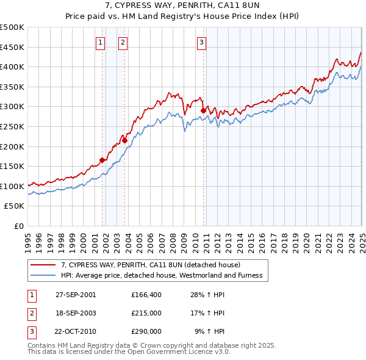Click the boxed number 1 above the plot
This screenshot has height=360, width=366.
click(100, 42)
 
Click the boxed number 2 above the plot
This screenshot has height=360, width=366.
click(123, 42)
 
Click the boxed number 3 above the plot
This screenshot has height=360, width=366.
click(201, 42)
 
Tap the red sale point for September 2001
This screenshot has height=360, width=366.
click(102, 160)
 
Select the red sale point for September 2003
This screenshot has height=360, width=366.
click(124, 140)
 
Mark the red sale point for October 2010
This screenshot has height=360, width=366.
click(203, 110)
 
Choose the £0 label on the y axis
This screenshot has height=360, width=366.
click(18, 226)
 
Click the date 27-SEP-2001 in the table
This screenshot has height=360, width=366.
click(76, 295)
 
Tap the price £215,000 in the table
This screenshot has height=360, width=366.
click(146, 313)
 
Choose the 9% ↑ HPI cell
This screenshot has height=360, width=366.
click(209, 331)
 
